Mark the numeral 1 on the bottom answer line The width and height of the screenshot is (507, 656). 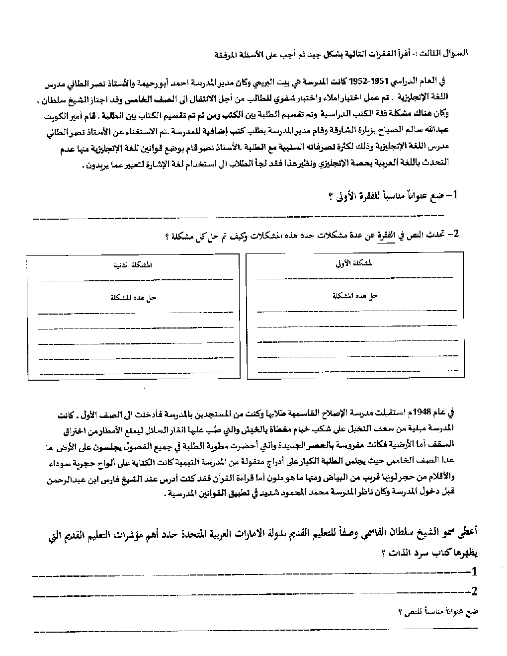point(473,571)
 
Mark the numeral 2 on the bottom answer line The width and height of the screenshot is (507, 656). point(473,591)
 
